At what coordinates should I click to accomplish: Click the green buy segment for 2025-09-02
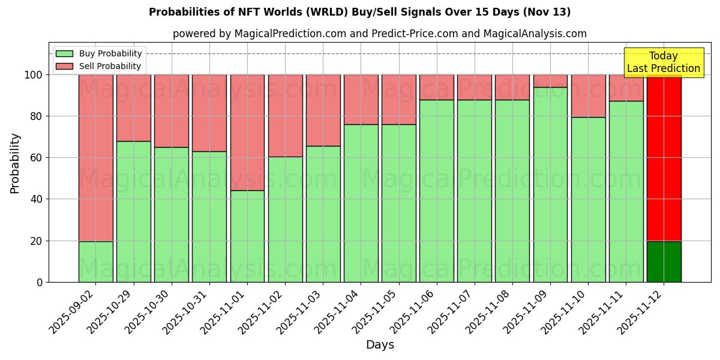[95, 262]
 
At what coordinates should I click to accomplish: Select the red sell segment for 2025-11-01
[247, 132]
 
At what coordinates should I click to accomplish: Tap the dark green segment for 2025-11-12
[664, 262]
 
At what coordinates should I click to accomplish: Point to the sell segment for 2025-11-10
[588, 95]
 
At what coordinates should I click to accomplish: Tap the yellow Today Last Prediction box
[664, 62]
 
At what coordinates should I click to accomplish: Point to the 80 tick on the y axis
[37, 116]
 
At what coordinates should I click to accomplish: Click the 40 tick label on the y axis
[37, 199]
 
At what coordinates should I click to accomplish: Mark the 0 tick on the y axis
[40, 282]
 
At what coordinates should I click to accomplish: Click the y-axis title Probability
[15, 163]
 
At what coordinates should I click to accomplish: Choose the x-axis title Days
[380, 345]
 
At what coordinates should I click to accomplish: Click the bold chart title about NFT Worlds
[360, 12]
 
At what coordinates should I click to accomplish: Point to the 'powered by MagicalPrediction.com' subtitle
[380, 34]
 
